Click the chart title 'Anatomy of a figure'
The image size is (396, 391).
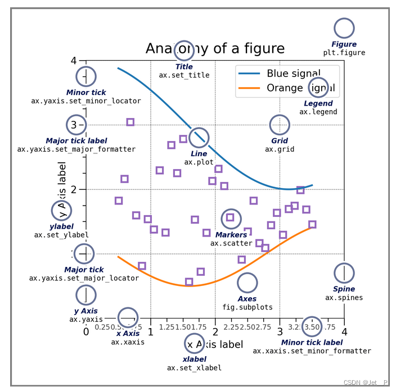215,48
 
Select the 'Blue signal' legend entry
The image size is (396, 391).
293,74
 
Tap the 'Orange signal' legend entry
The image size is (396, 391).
303,88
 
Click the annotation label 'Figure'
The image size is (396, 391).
344,44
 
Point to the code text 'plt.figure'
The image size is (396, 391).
344,53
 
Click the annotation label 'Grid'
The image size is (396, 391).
280,141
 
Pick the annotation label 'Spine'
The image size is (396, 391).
344,289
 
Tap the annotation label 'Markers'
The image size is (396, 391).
231,235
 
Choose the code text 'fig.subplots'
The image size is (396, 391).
247,307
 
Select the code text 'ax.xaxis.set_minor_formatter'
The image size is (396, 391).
312,351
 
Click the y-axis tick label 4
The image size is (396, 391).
74,60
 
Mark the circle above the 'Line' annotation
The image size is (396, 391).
199,138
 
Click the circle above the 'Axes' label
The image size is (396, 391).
247,283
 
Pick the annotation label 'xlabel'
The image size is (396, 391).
194,360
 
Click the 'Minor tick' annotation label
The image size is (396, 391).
86,93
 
